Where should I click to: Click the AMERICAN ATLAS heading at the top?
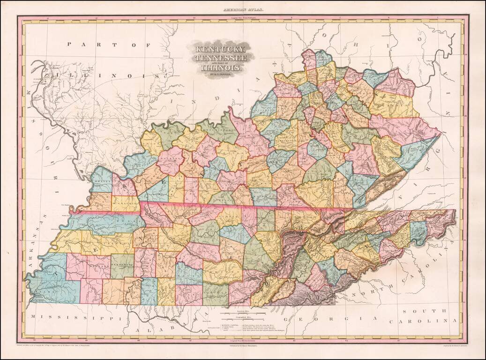(x=243, y=9)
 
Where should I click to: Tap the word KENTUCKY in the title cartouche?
(x=220, y=49)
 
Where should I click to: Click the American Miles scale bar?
(x=243, y=312)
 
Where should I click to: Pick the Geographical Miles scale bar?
(x=243, y=319)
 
